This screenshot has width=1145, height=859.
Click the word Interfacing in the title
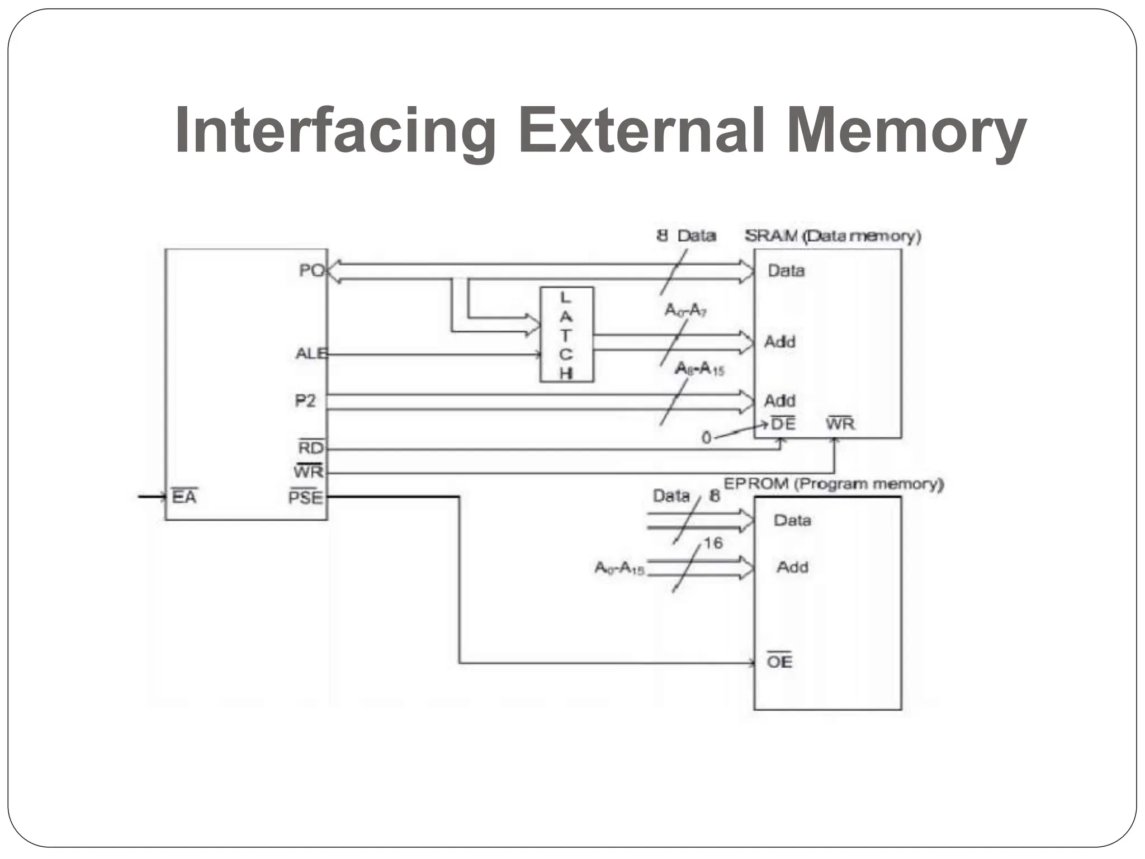[x=334, y=132]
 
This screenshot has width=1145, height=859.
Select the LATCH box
[x=566, y=334]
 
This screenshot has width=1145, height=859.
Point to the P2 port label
[x=305, y=400]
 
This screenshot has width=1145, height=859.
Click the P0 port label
[x=311, y=271]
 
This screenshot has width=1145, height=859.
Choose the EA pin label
[x=184, y=497]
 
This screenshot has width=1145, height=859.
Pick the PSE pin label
[x=306, y=497]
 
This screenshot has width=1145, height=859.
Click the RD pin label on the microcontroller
[x=311, y=448]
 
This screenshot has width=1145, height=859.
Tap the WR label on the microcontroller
[x=309, y=471]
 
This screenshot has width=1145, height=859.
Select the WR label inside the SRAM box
[x=840, y=424]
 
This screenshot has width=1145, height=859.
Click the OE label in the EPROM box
[x=779, y=662]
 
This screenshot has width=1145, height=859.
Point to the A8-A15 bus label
[x=699, y=369]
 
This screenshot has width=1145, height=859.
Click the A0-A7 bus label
[x=685, y=310]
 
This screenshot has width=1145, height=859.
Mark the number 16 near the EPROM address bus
[x=713, y=542]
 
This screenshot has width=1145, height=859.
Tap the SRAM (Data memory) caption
[x=832, y=236]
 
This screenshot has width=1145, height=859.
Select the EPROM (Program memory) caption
[x=834, y=484]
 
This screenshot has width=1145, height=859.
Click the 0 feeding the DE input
[x=706, y=438]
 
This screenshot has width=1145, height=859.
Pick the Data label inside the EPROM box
[x=792, y=520]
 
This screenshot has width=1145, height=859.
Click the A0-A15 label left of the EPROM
[x=619, y=568]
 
